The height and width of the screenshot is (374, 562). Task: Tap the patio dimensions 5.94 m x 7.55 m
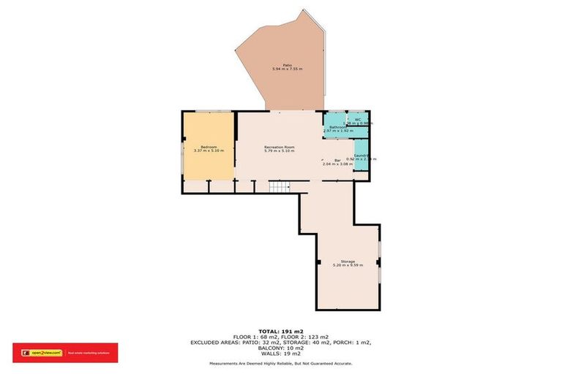(x=287, y=69)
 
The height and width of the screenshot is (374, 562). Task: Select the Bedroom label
(x=209, y=147)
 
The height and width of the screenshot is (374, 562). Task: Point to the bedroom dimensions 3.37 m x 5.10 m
(x=209, y=151)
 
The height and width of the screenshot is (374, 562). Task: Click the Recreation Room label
(x=279, y=147)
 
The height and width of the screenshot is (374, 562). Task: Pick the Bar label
(x=337, y=160)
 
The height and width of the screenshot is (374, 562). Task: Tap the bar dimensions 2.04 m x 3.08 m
(x=337, y=164)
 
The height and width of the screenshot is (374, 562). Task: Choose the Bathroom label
(x=337, y=127)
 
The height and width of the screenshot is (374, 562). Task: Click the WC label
(x=358, y=119)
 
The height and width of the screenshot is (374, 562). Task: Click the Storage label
(x=348, y=261)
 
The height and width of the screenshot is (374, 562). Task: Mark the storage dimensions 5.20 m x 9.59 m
(x=348, y=265)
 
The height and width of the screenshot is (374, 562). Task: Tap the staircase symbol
(x=279, y=188)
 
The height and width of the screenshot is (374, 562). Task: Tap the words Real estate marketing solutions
(x=88, y=353)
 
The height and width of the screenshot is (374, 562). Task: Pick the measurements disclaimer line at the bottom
(x=281, y=363)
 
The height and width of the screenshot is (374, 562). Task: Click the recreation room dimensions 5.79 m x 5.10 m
(x=279, y=151)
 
